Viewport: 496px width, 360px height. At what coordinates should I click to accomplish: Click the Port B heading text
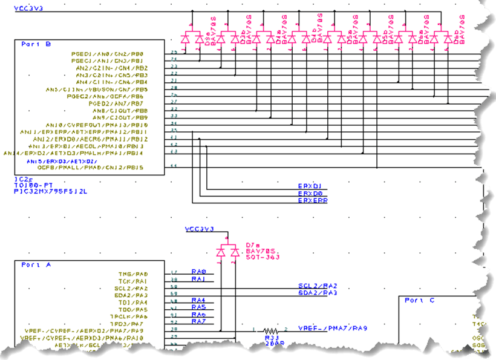coord(36,44)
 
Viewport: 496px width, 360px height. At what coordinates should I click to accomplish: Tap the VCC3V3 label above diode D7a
coord(200,230)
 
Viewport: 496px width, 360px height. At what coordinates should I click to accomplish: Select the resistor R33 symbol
coord(272,332)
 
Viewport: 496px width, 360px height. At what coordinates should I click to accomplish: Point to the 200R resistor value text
coord(274,342)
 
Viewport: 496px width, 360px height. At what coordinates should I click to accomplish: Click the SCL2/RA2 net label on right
coord(317,286)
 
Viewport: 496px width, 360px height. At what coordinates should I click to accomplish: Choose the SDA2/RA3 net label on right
coord(317,293)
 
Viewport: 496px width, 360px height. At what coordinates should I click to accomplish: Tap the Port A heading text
coord(36,265)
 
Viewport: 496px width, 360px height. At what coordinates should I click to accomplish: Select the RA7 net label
coord(198,321)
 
